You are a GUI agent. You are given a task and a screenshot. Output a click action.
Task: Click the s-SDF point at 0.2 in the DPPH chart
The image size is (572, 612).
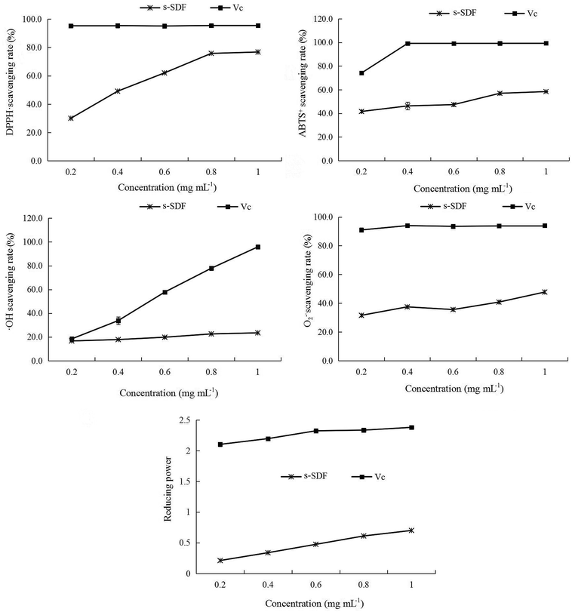pos(71,118)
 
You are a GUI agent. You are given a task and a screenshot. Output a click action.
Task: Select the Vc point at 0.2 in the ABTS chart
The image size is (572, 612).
pos(361,73)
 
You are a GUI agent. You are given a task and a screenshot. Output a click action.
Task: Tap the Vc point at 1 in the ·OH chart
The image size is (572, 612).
pos(258,247)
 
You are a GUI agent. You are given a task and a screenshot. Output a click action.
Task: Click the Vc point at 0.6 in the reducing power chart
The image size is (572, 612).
pos(316,431)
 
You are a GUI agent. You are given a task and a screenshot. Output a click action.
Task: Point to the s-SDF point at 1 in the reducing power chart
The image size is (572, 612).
pos(411,531)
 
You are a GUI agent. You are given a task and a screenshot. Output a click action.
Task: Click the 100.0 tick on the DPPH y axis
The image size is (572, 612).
pos(30,19)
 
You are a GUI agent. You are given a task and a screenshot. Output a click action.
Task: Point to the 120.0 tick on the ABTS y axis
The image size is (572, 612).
pos(323,19)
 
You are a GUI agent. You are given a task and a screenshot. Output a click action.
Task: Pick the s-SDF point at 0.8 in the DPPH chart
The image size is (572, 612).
pos(211,54)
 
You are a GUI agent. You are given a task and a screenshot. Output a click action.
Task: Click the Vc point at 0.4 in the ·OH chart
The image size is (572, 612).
pos(118,321)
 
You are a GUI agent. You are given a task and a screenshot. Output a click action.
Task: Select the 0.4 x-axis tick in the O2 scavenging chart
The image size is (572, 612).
pos(407,373)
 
